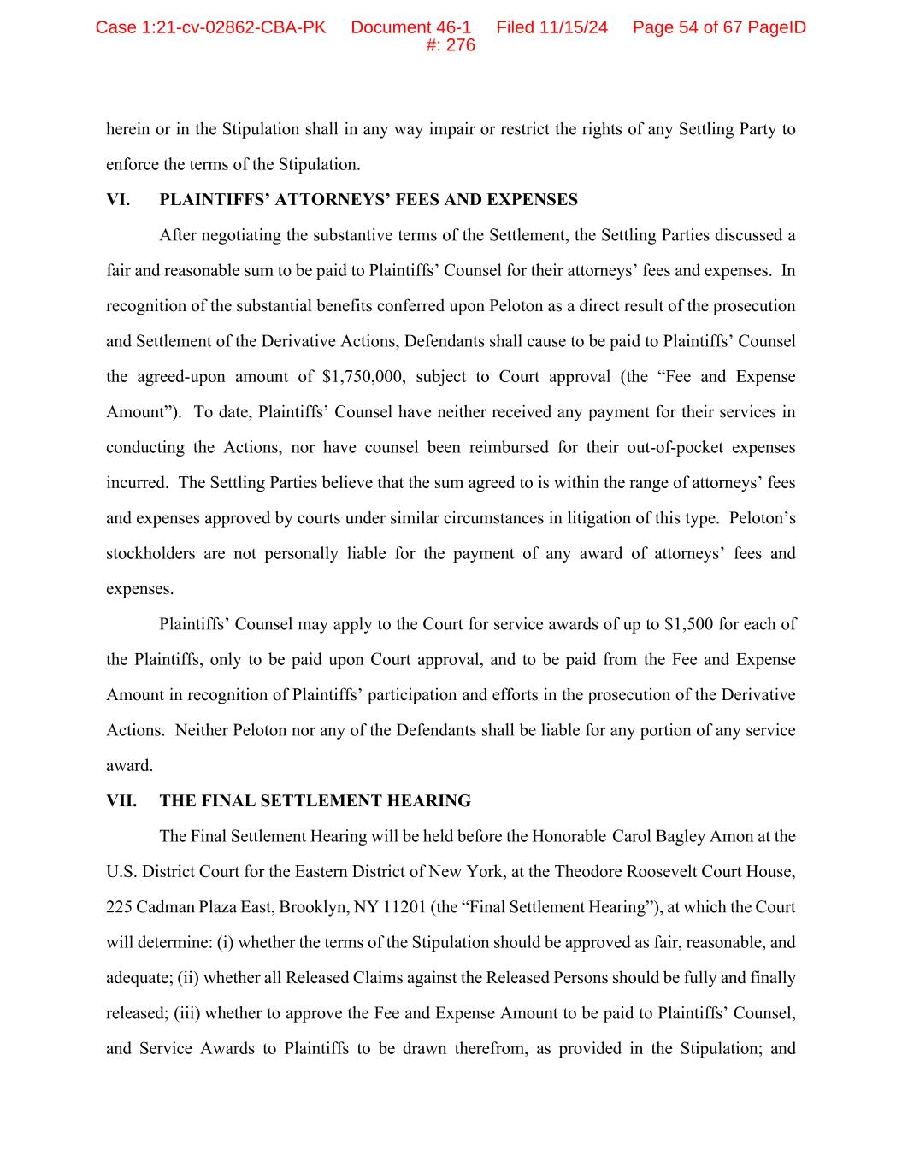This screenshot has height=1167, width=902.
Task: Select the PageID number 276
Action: pos(461,45)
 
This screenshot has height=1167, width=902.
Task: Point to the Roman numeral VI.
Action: pos(118,200)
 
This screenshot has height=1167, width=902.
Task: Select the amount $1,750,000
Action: pos(363,377)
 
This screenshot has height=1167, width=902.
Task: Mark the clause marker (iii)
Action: pos(187,1013)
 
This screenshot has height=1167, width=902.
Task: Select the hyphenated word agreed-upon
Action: pos(179,377)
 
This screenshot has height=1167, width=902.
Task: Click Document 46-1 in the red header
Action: pos(410,27)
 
